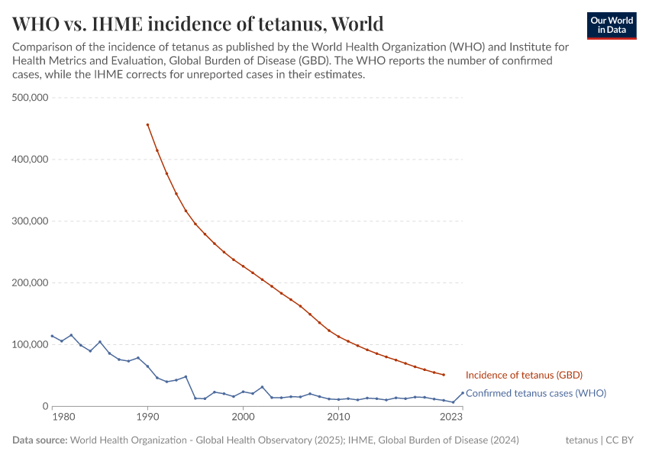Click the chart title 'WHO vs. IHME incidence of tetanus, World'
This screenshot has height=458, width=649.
point(198,24)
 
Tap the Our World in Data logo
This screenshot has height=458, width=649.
point(611,25)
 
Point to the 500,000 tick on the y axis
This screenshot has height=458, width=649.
point(31,98)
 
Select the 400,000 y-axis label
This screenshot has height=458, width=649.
point(31,160)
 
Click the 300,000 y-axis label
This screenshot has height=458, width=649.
point(31,221)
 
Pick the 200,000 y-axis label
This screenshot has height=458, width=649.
point(31,283)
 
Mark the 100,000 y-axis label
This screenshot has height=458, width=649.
point(31,345)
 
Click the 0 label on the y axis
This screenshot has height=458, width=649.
point(46,406)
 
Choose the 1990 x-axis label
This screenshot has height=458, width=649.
point(147,418)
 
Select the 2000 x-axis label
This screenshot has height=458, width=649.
point(243,418)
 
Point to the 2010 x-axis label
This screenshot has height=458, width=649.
point(338,418)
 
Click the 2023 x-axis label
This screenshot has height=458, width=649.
point(452,418)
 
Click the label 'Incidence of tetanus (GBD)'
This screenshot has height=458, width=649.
point(524,375)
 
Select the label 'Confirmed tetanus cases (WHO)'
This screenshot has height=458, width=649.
point(535,393)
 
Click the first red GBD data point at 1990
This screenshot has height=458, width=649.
point(147,124)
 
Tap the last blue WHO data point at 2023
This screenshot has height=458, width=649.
point(463,393)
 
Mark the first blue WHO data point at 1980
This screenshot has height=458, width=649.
point(52,336)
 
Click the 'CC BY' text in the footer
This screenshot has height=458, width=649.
point(622,440)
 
